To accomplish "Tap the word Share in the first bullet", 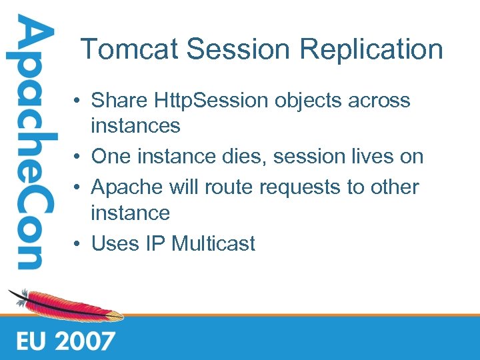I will tap(119, 101).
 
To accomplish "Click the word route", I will tap(230, 187).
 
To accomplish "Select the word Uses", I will tap(113, 243).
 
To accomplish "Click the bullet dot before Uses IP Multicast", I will tap(78, 244).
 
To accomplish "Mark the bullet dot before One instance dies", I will tap(78, 157).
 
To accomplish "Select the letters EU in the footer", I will tap(31, 341).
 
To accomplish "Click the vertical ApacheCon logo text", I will tap(27, 143).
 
